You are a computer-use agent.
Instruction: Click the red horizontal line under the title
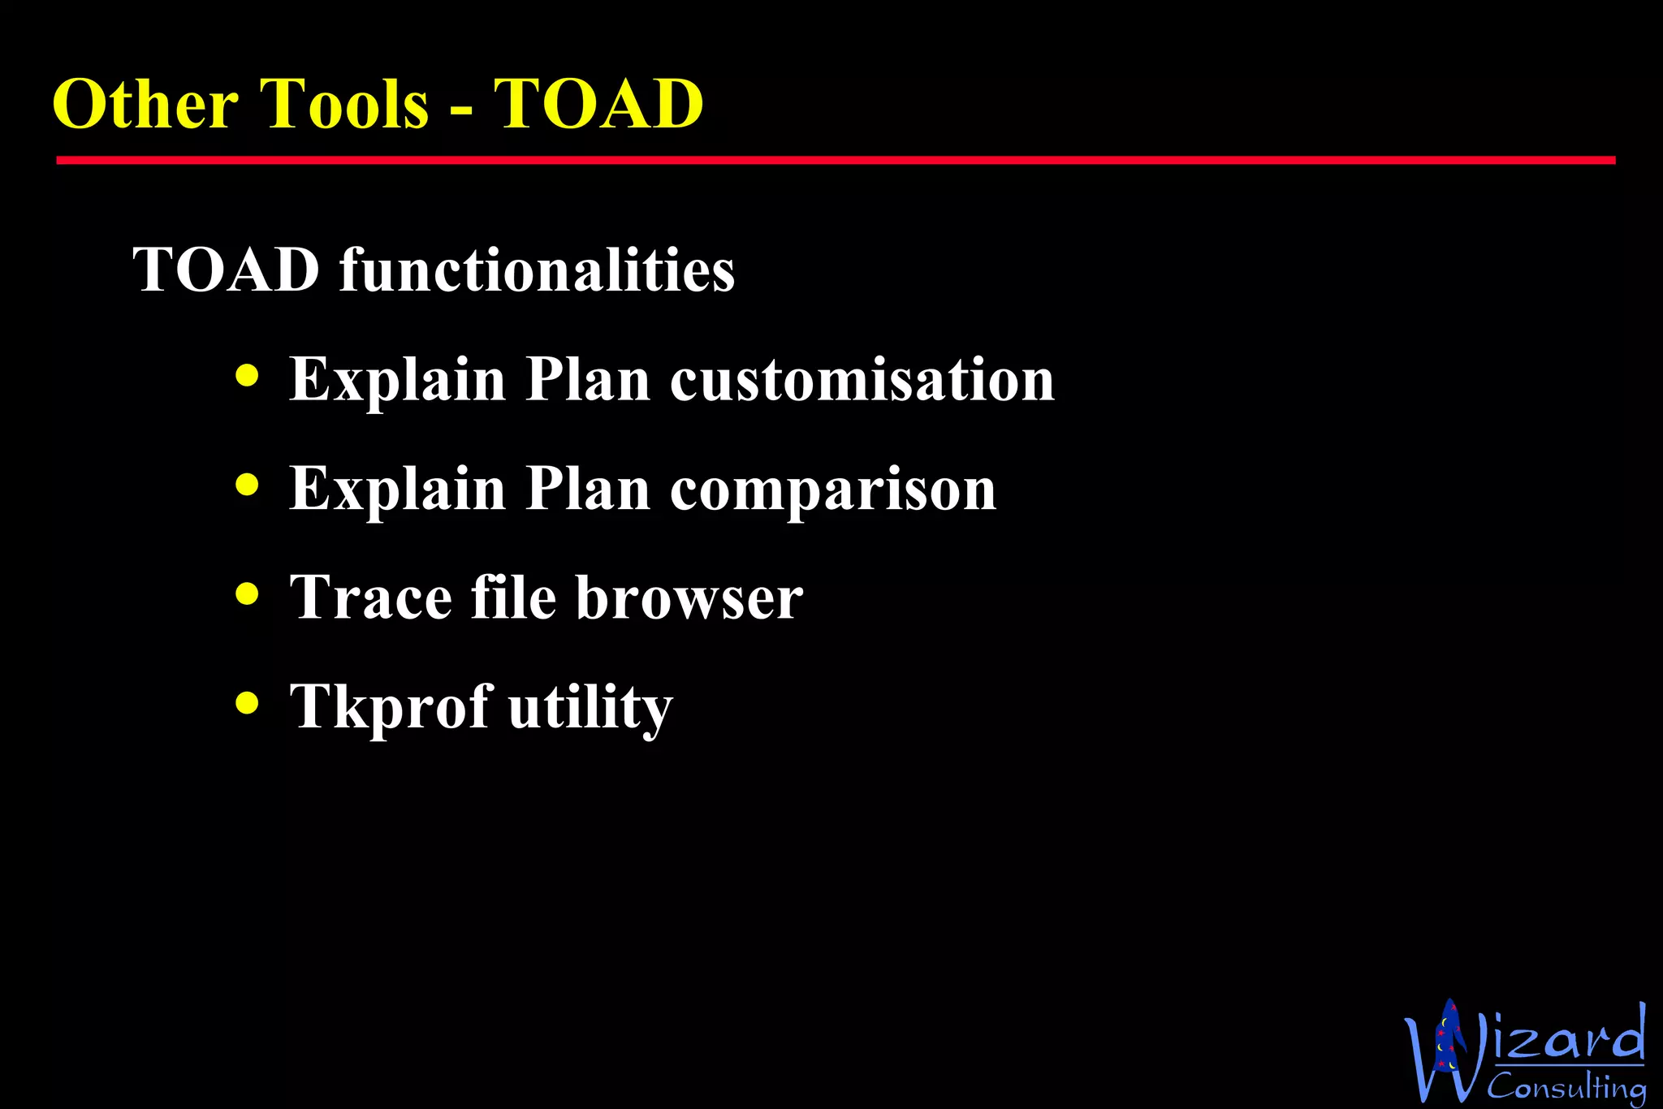835,161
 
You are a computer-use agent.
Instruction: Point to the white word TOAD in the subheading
227,270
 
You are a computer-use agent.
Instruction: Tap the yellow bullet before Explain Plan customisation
247,376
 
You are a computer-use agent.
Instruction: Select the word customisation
862,379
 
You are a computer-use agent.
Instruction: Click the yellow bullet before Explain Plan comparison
247,485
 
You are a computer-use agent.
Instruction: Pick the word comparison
833,490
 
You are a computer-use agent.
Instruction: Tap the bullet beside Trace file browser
247,593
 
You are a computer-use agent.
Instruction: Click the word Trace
371,598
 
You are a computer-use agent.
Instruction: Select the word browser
689,598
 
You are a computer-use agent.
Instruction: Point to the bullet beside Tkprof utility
247,702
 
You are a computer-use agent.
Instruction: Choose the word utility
590,708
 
